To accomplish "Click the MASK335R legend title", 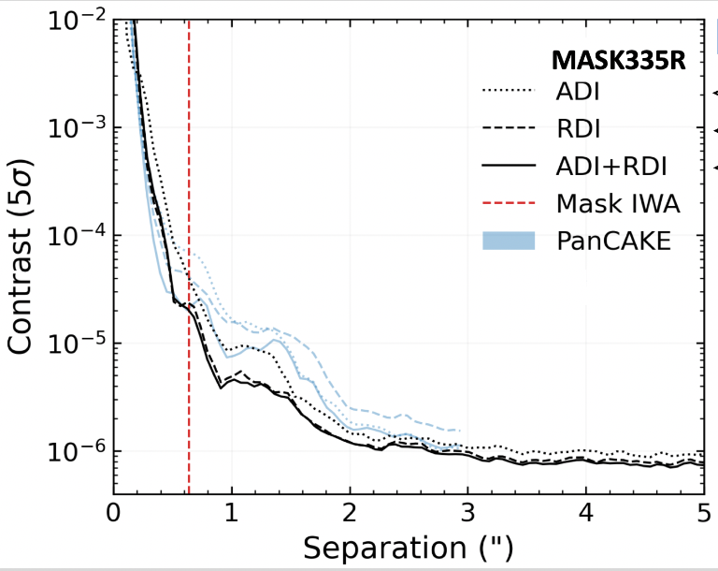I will click(618, 61).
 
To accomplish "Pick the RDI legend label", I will click(578, 129).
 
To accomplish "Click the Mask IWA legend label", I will click(617, 203).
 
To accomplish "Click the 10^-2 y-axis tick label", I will click(72, 20).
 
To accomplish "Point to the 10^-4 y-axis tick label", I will click(72, 235).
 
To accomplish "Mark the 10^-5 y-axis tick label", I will click(72, 344).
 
